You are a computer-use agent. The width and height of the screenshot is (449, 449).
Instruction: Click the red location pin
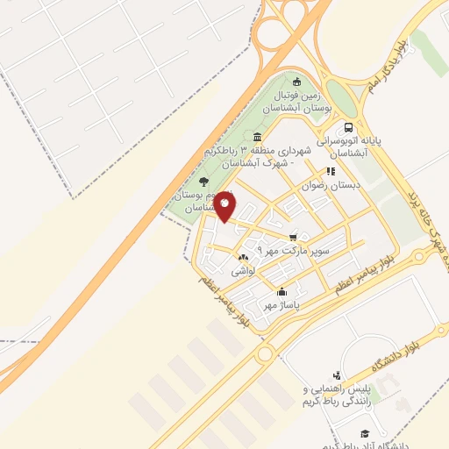pyautogui.click(x=225, y=205)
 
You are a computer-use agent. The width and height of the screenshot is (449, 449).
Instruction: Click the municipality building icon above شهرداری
pyautogui.click(x=256, y=137)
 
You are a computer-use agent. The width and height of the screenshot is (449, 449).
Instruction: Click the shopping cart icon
pyautogui.click(x=293, y=236)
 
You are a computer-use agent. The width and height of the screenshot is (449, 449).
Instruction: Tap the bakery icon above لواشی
pyautogui.click(x=243, y=258)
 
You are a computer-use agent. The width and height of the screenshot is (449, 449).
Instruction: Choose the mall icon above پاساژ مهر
pyautogui.click(x=282, y=292)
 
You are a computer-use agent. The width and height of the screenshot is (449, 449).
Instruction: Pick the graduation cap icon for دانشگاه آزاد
pyautogui.click(x=362, y=433)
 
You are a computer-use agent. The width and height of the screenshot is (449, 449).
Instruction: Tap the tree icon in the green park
pyautogui.click(x=204, y=181)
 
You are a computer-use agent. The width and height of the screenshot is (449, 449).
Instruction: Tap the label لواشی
pyautogui.click(x=243, y=272)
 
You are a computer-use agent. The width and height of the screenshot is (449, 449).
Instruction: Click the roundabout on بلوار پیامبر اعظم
pyautogui.click(x=266, y=355)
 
